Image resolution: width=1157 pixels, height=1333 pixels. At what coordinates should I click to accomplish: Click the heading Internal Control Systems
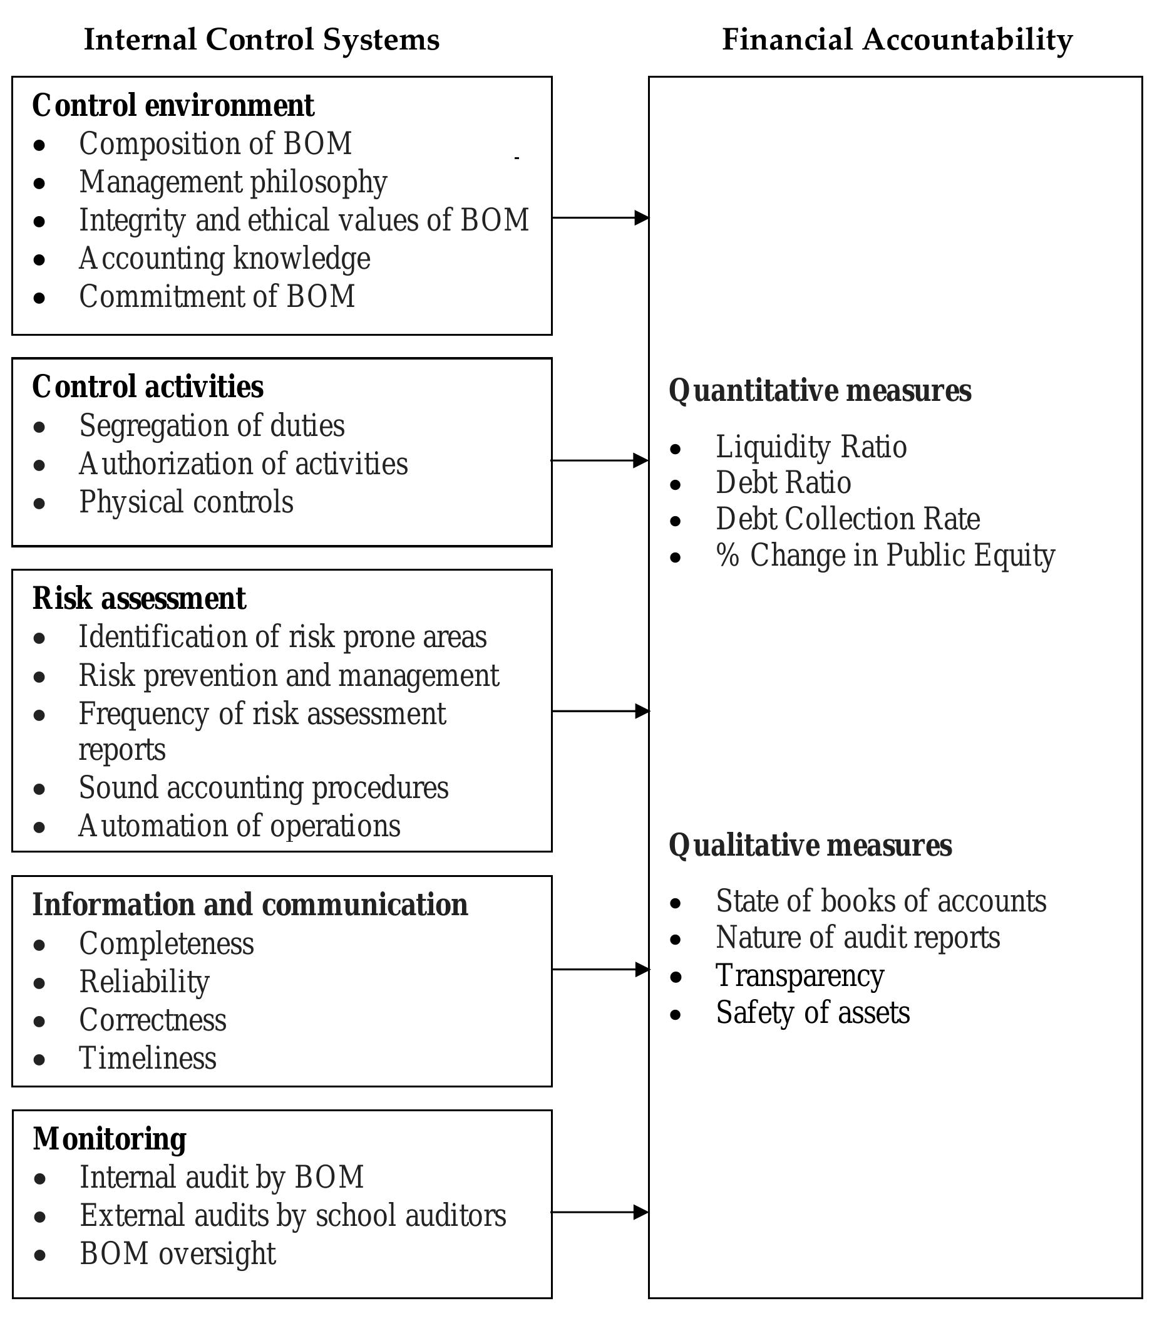[x=262, y=40]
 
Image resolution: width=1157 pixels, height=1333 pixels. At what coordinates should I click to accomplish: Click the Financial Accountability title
[x=897, y=40]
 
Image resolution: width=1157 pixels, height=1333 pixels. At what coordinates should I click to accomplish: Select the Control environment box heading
[x=173, y=106]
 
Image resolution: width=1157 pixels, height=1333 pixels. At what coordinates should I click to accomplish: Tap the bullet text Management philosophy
[x=233, y=183]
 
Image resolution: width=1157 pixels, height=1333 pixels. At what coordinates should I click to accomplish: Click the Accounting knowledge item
[x=225, y=259]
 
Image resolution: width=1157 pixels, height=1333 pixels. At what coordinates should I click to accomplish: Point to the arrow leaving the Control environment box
[x=600, y=217]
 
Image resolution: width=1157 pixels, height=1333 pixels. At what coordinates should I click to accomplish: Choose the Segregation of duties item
[x=212, y=426]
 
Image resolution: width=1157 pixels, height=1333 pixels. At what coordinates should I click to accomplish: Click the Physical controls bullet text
[x=186, y=502]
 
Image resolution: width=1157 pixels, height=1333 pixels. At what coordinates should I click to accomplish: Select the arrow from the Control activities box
[x=600, y=460]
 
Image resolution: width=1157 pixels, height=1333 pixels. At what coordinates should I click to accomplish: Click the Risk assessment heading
[x=139, y=599]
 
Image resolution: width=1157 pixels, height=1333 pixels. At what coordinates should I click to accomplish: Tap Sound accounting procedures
[x=264, y=788]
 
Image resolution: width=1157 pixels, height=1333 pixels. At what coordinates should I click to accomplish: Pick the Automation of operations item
[x=240, y=826]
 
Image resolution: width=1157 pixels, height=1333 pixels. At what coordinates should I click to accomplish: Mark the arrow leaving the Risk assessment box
[x=600, y=711]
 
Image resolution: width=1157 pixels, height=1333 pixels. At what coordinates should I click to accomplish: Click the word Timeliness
[x=148, y=1059]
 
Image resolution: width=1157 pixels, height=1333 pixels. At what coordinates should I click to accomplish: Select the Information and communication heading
[x=250, y=905]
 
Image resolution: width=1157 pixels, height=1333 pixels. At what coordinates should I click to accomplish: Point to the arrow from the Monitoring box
[x=600, y=1212]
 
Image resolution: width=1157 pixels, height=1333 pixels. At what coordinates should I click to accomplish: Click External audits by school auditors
[x=293, y=1215]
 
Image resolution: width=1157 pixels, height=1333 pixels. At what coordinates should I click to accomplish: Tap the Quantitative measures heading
[x=820, y=391]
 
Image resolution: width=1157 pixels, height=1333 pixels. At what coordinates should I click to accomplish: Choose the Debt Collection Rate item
[x=848, y=519]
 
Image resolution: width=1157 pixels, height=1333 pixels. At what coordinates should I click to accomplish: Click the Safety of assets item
[x=813, y=1013]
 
